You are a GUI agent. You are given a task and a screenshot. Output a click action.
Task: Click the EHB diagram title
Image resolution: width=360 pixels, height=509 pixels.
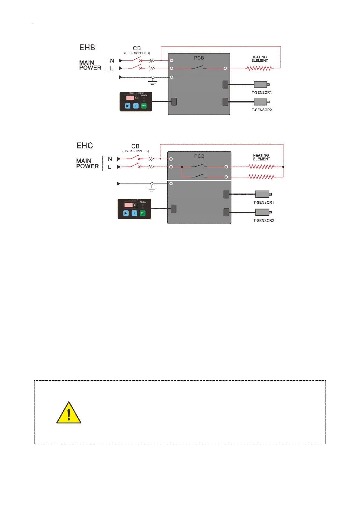87,48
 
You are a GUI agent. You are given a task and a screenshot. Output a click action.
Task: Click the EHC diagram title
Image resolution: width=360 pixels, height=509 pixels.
85,146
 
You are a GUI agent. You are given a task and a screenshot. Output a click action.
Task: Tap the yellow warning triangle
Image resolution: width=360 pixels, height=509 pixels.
69,413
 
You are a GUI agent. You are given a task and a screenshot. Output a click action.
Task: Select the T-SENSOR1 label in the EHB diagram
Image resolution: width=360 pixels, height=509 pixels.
262,92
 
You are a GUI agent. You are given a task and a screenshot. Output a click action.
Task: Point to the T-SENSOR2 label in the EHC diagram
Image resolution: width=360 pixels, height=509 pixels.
263,221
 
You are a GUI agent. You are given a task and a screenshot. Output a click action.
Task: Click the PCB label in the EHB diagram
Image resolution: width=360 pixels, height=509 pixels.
199,58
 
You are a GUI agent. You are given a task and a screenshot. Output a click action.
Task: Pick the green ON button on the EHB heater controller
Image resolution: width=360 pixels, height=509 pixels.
144,106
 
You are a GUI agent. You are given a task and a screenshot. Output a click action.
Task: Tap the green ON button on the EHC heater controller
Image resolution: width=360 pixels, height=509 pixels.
142,213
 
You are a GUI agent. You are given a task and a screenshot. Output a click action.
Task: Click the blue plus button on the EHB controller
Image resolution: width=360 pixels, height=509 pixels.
136,106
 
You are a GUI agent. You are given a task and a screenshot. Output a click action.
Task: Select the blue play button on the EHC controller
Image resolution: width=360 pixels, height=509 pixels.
126,213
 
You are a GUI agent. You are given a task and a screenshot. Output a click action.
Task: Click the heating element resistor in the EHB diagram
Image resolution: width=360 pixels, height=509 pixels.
259,68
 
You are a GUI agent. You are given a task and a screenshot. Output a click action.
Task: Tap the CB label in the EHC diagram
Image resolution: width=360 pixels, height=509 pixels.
135,146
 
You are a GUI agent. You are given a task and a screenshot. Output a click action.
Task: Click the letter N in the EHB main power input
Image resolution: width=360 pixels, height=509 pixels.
112,61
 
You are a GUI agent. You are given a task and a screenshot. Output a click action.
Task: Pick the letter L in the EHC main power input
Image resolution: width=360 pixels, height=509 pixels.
110,167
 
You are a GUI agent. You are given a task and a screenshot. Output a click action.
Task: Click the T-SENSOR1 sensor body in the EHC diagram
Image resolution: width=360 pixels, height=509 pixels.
262,194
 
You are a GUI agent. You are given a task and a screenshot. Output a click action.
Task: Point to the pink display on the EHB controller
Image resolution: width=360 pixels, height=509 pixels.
130,98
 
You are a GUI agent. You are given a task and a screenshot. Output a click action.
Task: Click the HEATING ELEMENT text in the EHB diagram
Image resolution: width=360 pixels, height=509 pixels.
259,59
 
